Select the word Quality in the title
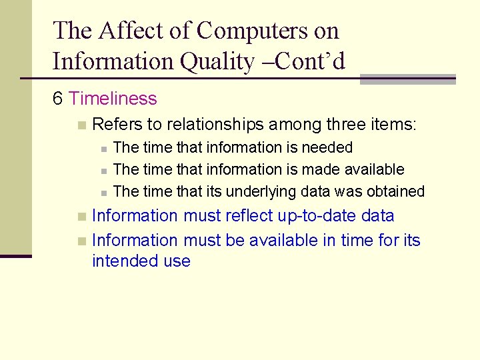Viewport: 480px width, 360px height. click(x=217, y=61)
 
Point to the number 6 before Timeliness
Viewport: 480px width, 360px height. click(x=58, y=99)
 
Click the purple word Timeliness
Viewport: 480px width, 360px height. click(x=113, y=99)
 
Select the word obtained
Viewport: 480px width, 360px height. click(x=395, y=191)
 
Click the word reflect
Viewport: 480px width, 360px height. click(x=251, y=216)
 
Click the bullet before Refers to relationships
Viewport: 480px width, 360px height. click(x=81, y=125)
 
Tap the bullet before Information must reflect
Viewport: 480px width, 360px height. click(x=81, y=217)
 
